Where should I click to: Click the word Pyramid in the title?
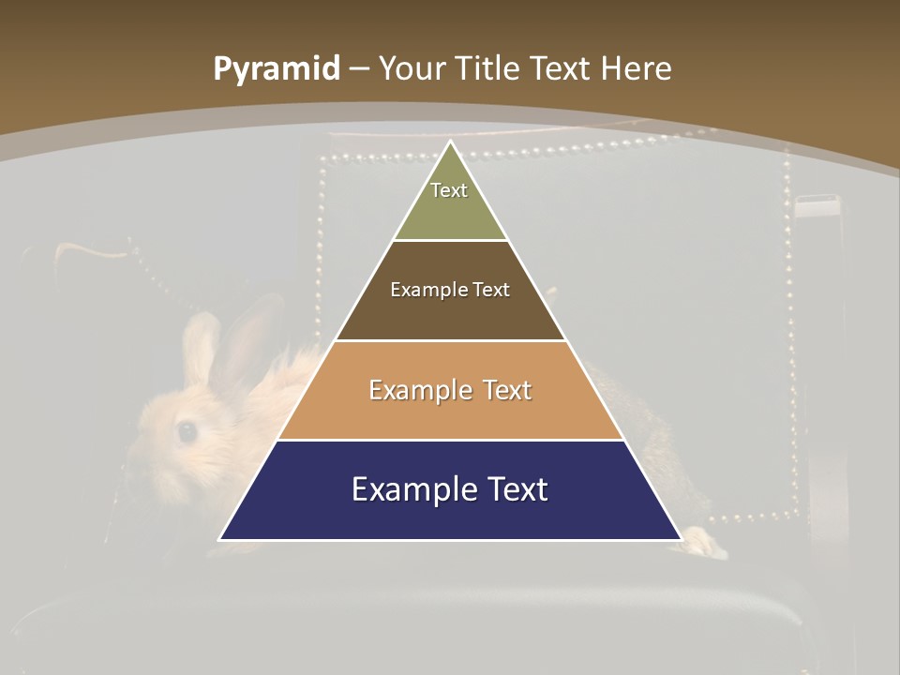pos(276,69)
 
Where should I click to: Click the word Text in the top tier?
pos(449,190)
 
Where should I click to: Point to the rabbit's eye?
pos(187,431)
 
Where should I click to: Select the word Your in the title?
pos(410,69)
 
